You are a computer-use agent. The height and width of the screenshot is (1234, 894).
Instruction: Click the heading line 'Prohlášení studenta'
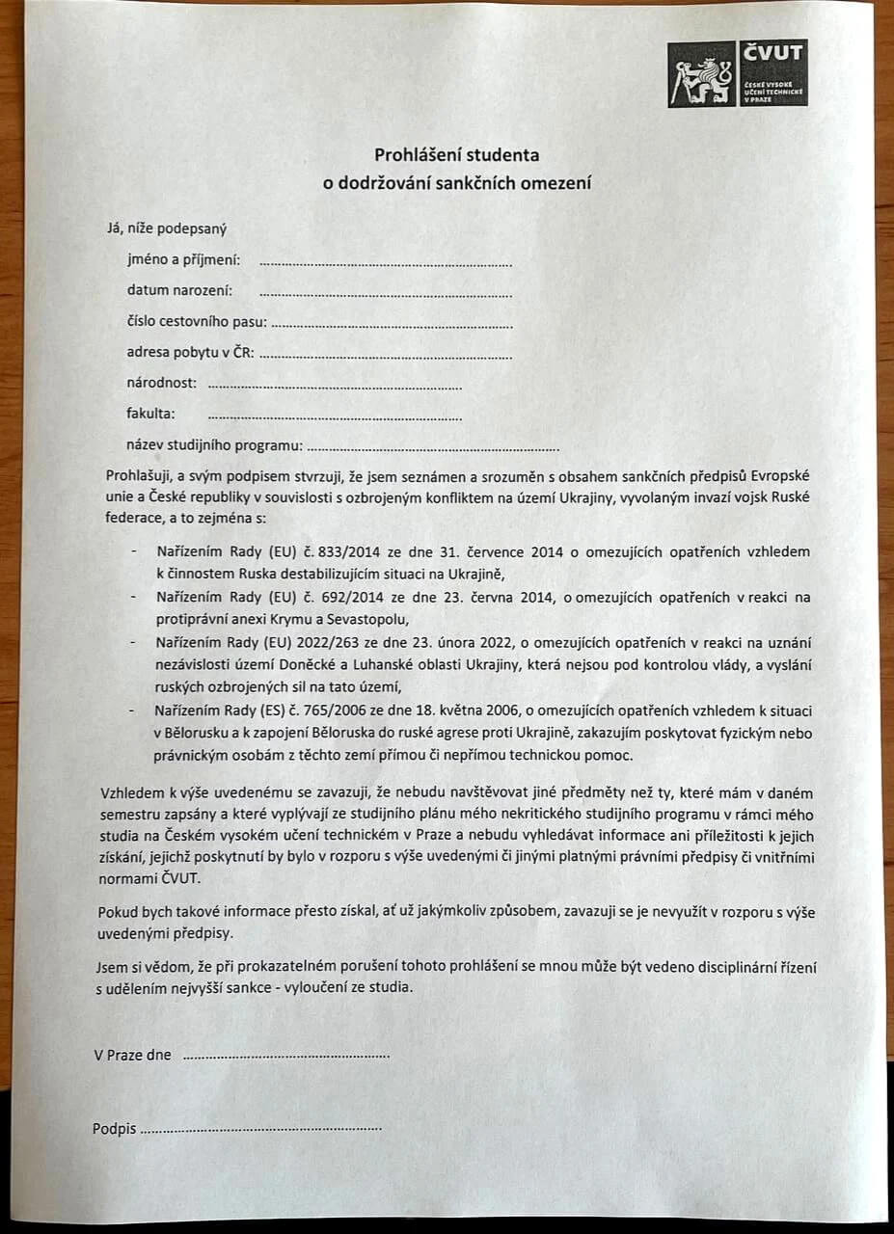click(457, 154)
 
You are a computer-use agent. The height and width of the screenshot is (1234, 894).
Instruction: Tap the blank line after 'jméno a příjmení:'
click(385, 262)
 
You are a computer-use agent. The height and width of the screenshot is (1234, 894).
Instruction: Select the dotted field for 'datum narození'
click(385, 293)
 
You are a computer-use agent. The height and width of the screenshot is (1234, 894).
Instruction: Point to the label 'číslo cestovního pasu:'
click(197, 322)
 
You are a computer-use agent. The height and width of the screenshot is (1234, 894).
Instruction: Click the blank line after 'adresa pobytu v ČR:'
click(385, 356)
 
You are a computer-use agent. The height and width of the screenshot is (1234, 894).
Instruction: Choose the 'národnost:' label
click(162, 383)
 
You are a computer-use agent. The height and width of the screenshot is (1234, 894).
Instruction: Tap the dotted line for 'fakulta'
click(335, 417)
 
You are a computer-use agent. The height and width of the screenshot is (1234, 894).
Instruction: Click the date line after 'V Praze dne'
click(285, 1057)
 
